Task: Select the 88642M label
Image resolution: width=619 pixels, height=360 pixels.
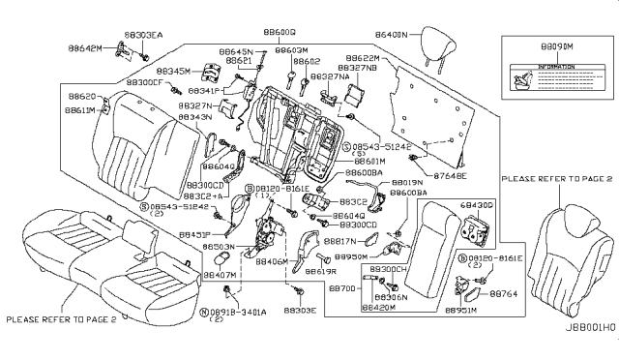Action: coord(102,47)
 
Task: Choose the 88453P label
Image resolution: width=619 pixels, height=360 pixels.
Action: coord(195,235)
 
